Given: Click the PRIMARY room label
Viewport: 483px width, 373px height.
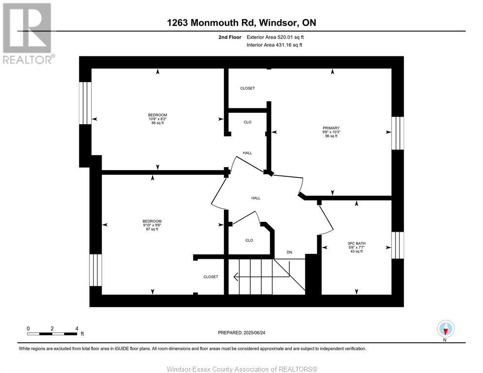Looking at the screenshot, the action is click(331, 128).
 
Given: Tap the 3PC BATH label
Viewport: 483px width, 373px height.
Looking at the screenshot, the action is click(356, 243).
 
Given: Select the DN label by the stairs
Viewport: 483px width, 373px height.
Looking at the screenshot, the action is click(289, 252).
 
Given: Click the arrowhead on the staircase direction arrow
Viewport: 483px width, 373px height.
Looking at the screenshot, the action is click(236, 277).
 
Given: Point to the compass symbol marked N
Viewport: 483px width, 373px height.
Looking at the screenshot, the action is click(446, 329).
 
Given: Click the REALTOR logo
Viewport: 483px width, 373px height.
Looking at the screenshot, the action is click(28, 33).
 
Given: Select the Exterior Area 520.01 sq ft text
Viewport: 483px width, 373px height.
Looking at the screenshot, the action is click(275, 37).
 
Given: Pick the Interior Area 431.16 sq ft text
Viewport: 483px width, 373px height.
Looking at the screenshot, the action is click(275, 45).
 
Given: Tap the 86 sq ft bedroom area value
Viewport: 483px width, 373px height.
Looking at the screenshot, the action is click(158, 123).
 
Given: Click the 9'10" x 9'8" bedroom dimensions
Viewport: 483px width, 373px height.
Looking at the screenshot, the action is click(152, 225).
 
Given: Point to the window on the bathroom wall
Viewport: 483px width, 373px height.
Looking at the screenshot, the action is click(397, 245).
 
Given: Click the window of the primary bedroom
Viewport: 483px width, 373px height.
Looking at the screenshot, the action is click(397, 133).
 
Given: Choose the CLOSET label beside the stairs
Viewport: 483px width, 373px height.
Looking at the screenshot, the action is click(211, 277).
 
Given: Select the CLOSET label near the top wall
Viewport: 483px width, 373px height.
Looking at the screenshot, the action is click(248, 88).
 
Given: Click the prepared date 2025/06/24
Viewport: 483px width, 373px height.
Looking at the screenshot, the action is click(255, 333).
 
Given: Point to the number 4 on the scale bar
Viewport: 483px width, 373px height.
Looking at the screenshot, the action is click(77, 328).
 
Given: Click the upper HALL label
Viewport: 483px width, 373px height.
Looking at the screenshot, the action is click(247, 153).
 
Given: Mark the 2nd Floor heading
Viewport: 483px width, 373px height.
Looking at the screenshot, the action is click(230, 37).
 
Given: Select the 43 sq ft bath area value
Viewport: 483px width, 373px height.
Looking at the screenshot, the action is click(356, 251).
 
